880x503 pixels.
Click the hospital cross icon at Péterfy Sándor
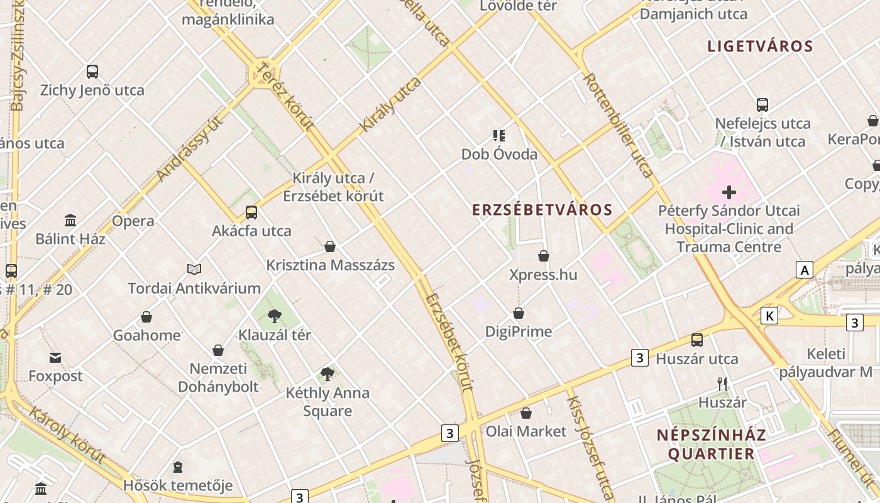(729, 192)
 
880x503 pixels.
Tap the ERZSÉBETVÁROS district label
(542, 210)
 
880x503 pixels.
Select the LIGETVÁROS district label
(761, 46)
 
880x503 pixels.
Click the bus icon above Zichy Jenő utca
(92, 72)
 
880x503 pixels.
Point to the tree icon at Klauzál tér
(274, 316)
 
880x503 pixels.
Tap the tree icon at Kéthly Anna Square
(327, 374)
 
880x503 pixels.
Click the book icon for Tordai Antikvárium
(194, 270)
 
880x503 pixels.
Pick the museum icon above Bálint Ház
(70, 221)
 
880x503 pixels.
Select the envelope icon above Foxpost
(55, 358)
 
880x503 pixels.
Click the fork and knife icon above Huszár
(722, 384)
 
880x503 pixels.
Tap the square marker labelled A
(804, 270)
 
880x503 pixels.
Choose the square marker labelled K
(769, 316)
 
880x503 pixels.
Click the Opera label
(133, 221)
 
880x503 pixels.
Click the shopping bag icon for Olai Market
(526, 413)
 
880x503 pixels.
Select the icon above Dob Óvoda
(499, 135)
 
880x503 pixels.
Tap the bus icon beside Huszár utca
(697, 340)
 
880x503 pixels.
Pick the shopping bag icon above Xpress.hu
(544, 256)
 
